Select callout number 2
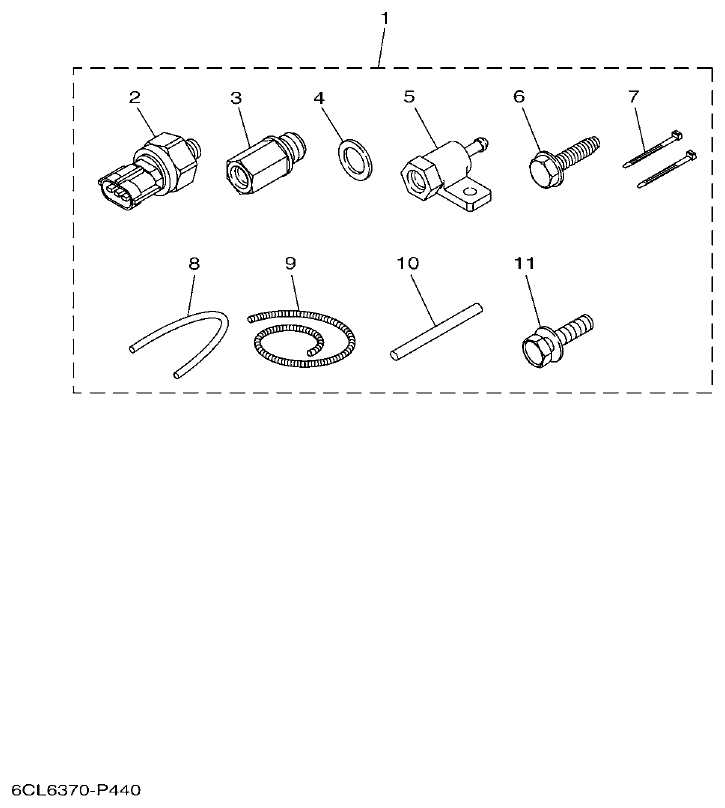pyautogui.click(x=134, y=97)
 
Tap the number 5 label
pyautogui.click(x=409, y=97)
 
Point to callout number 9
pyautogui.click(x=290, y=263)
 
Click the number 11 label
pyautogui.click(x=525, y=263)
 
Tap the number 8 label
pyautogui.click(x=194, y=263)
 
